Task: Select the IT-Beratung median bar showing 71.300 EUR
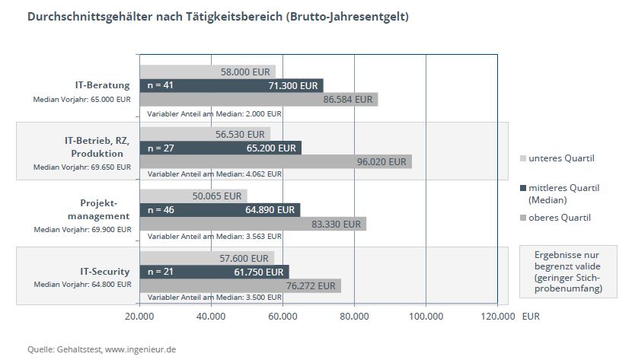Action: click(231, 85)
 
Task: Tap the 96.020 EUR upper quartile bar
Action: click(275, 161)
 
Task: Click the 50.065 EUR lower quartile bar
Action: click(193, 196)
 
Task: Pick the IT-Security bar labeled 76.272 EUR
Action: click(240, 285)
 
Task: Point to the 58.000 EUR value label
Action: click(244, 72)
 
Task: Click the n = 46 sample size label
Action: click(161, 209)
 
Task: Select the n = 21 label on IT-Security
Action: click(161, 272)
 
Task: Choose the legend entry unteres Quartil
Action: click(561, 158)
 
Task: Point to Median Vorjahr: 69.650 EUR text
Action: click(81, 167)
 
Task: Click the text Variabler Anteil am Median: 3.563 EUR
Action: click(214, 236)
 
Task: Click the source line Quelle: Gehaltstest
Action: click(102, 349)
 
